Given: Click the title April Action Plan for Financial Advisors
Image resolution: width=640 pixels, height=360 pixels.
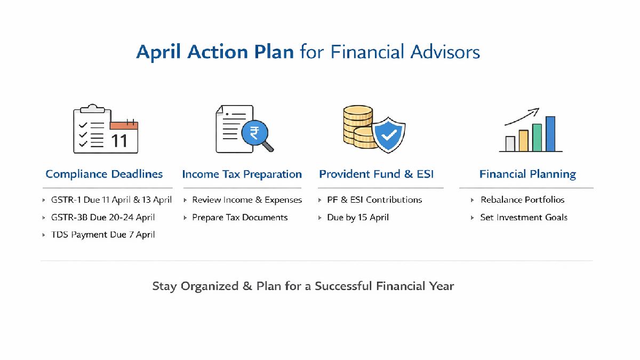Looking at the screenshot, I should (308, 52).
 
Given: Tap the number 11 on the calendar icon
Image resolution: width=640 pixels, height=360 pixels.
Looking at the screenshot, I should (119, 140).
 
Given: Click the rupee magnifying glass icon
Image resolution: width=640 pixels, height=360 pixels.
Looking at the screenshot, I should (254, 133).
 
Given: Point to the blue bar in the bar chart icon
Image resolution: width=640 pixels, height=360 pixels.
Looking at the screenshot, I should (550, 134).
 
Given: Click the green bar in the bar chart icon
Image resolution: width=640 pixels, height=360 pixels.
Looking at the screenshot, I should (537, 138).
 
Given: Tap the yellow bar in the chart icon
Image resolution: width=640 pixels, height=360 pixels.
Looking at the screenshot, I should (523, 141).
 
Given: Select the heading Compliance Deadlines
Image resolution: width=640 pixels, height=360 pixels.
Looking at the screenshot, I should (104, 174).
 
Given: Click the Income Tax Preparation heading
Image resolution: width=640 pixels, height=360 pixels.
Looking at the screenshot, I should (242, 174).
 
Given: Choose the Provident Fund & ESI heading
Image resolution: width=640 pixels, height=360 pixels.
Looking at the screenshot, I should (377, 174).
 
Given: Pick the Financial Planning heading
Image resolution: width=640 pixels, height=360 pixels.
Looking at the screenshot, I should (527, 174).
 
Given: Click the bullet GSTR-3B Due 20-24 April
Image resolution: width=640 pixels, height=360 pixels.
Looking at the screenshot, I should (103, 217).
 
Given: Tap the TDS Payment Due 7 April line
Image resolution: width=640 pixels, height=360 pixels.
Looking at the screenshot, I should (103, 235).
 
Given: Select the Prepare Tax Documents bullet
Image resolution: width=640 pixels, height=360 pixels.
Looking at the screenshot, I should (240, 217).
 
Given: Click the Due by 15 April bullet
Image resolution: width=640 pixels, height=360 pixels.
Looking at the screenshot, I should (358, 217).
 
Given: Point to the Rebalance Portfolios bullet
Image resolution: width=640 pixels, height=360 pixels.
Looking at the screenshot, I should (522, 199).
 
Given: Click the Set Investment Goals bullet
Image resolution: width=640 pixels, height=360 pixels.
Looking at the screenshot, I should (524, 217).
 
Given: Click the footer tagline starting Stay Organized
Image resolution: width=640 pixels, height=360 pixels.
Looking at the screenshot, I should (303, 286).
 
